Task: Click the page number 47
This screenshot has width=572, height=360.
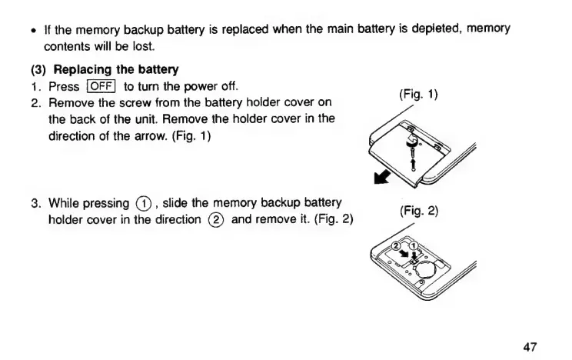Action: [529, 347]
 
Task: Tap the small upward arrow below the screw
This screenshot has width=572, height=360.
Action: [413, 163]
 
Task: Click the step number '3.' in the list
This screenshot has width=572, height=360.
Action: [35, 204]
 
